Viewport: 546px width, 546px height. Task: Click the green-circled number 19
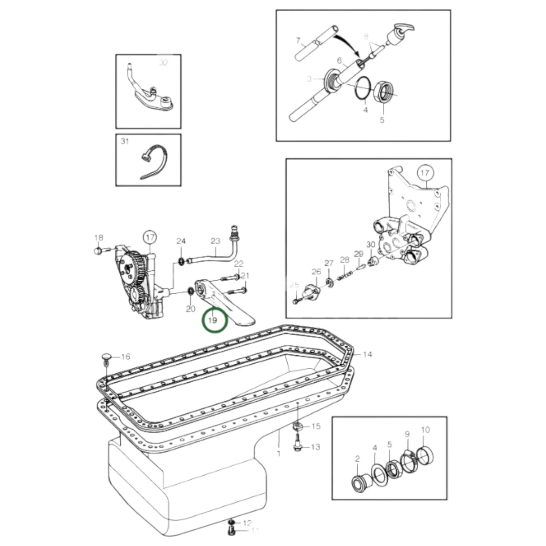click(x=214, y=320)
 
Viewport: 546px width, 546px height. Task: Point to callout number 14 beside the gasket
click(x=367, y=354)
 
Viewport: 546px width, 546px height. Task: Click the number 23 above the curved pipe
click(x=215, y=241)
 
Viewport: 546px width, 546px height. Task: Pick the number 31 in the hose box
click(x=125, y=141)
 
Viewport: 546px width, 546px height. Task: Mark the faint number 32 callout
click(x=163, y=63)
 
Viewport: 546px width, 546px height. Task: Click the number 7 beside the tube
click(x=298, y=40)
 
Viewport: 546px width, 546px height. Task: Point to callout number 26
click(x=316, y=272)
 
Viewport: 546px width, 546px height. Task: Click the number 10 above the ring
click(x=425, y=430)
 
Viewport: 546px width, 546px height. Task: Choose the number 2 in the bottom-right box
click(x=357, y=459)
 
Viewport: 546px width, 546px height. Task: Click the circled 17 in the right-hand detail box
click(x=425, y=173)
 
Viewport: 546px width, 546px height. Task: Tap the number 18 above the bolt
click(x=98, y=238)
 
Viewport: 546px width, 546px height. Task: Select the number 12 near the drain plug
click(x=247, y=523)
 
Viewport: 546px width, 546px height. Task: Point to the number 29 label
click(x=359, y=254)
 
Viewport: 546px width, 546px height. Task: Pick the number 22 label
click(x=239, y=263)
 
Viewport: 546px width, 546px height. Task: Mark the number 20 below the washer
click(x=190, y=309)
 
